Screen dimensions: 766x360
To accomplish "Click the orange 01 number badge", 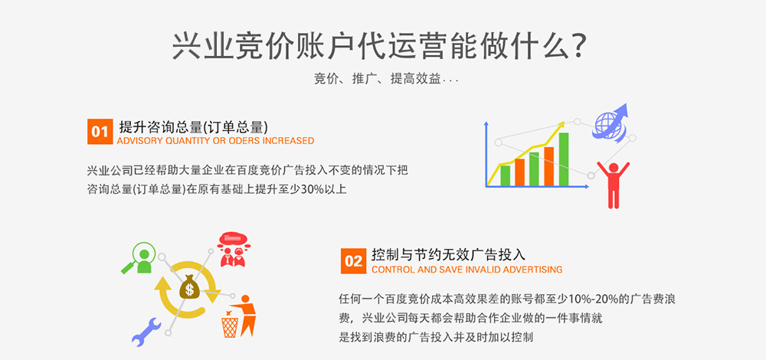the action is [100, 132].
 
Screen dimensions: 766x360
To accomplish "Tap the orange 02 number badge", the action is [353, 261].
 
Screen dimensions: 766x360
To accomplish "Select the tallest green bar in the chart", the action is [563, 159].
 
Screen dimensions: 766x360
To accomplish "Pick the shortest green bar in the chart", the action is [505, 176].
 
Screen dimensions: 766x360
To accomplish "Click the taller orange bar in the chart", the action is [548, 166].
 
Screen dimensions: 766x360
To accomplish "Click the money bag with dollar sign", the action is [189, 286].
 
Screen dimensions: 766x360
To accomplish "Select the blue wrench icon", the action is [146, 332].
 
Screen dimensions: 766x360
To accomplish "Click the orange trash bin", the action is [230, 327].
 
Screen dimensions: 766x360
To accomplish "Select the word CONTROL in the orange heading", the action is [389, 270].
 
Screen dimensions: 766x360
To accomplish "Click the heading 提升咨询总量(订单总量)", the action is [194, 127].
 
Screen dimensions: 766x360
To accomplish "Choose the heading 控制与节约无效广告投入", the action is [448, 255].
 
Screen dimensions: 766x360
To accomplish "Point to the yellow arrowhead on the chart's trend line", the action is [561, 125].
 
